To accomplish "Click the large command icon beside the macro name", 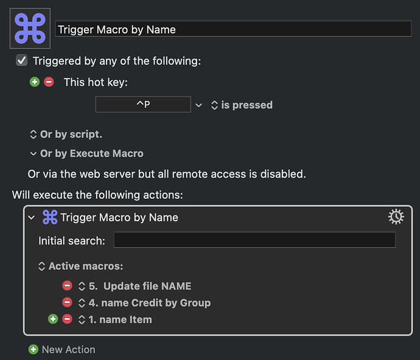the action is [x=30, y=29].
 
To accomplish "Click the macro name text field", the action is [x=233, y=29].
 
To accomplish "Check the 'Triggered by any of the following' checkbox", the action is [x=22, y=60].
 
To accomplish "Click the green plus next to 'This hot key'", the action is [x=35, y=82].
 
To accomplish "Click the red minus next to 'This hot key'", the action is [x=49, y=82].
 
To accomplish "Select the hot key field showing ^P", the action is [x=143, y=105].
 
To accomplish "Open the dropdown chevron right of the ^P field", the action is [x=198, y=105].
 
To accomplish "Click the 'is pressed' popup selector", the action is [x=242, y=105].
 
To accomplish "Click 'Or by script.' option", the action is [x=66, y=134].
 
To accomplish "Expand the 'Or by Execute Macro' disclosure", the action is [x=33, y=154].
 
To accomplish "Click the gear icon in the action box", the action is [x=396, y=217].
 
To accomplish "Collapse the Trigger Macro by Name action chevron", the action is [x=32, y=217].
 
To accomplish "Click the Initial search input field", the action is [x=254, y=240].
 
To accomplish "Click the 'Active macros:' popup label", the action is [x=80, y=266].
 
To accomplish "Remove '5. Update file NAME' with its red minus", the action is [x=67, y=286].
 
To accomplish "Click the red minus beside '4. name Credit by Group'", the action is [x=67, y=302].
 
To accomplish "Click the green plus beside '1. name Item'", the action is [x=53, y=319].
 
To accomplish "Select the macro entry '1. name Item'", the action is [x=121, y=319].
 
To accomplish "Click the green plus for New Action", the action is [x=33, y=349].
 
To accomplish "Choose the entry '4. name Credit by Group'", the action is [x=150, y=303].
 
